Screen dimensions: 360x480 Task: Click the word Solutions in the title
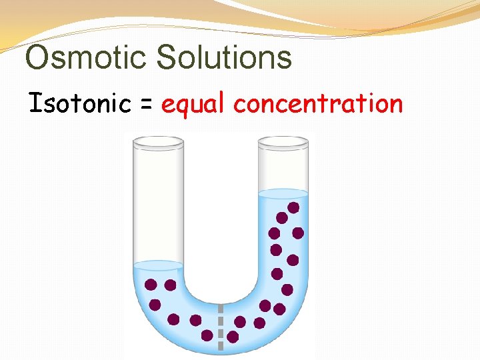click(225, 57)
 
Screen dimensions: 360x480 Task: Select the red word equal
click(194, 105)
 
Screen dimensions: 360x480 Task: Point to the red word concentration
click(318, 104)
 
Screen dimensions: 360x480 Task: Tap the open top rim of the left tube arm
click(158, 141)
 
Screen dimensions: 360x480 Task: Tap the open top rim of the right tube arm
click(283, 141)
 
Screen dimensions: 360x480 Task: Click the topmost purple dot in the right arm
click(293, 207)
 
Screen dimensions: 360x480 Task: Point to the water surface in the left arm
click(158, 265)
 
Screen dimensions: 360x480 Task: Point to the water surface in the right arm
click(283, 193)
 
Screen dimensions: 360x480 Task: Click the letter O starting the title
click(37, 57)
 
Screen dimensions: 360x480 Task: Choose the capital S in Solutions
click(169, 57)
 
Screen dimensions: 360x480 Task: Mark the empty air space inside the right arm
click(283, 167)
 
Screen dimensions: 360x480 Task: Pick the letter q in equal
click(185, 107)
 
